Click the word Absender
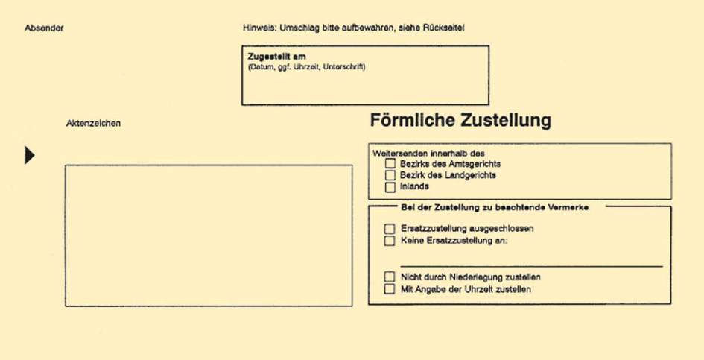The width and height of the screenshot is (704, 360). pyautogui.click(x=44, y=28)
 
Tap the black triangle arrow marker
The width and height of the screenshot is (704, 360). pyautogui.click(x=30, y=155)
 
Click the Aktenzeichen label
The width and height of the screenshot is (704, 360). pyautogui.click(x=93, y=124)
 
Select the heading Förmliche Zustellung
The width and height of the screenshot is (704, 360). pyautogui.click(x=460, y=120)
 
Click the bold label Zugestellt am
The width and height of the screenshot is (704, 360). pyautogui.click(x=276, y=57)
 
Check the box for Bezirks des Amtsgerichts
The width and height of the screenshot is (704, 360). pyautogui.click(x=390, y=163)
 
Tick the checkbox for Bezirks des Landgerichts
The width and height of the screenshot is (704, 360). pyautogui.click(x=390, y=175)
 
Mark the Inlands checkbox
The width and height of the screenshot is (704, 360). pyautogui.click(x=390, y=187)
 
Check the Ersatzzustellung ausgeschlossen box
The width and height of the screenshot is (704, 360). pyautogui.click(x=389, y=229)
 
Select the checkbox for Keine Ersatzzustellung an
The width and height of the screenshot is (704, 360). pyautogui.click(x=389, y=241)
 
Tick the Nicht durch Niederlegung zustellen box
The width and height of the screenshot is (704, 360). pyautogui.click(x=389, y=277)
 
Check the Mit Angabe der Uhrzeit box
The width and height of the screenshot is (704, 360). pyautogui.click(x=389, y=289)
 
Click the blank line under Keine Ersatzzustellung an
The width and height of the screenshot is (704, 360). pyautogui.click(x=530, y=265)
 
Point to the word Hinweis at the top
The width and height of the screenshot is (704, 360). pyautogui.click(x=259, y=28)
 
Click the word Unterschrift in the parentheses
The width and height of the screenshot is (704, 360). pyautogui.click(x=343, y=67)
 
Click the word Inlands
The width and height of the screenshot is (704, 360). pyautogui.click(x=414, y=187)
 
